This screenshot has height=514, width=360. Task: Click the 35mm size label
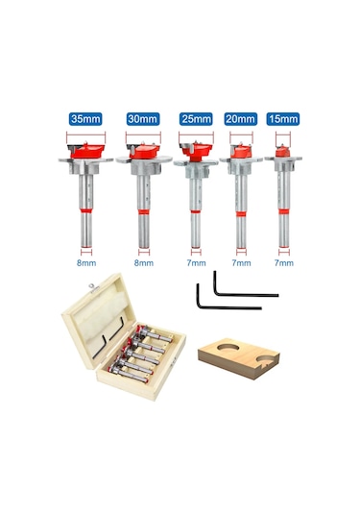(x=85, y=119)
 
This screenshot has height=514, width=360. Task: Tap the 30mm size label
(x=143, y=119)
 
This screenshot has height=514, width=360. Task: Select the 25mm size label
(x=196, y=119)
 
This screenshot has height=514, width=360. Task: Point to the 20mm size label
(x=241, y=119)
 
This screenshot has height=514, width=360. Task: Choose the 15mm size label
(x=283, y=119)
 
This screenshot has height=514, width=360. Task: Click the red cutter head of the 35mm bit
(x=86, y=151)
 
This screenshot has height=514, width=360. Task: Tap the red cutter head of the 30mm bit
(x=144, y=152)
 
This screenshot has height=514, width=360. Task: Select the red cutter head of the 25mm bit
(x=197, y=151)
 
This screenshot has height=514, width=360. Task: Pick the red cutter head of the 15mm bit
(x=282, y=152)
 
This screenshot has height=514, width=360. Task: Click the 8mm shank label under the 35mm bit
(x=86, y=263)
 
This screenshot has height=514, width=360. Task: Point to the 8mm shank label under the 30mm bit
(x=144, y=263)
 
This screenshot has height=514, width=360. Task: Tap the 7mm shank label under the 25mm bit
(x=196, y=263)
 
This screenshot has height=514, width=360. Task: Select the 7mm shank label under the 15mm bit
(x=284, y=263)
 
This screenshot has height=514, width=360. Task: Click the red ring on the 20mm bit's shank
(x=241, y=214)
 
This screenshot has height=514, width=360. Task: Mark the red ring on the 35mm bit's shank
(x=86, y=210)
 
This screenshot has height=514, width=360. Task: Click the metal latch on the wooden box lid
(x=93, y=287)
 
